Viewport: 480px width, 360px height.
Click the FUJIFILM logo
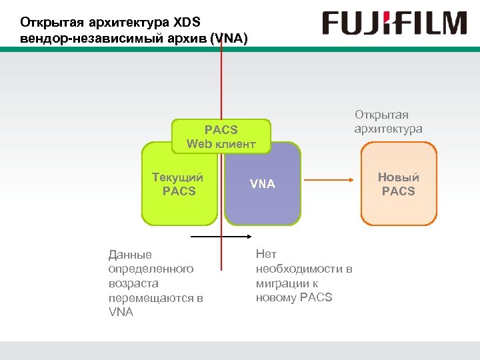tap(395, 24)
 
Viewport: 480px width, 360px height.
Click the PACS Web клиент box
tap(221, 136)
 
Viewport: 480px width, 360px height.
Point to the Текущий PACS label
tap(178, 184)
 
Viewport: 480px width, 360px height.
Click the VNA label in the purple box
tap(262, 184)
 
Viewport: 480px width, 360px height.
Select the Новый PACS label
tap(398, 184)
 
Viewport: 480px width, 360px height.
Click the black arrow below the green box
tap(215, 237)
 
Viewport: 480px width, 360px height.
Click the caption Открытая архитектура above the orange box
tap(388, 121)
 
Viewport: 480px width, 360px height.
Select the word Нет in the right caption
tap(266, 254)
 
